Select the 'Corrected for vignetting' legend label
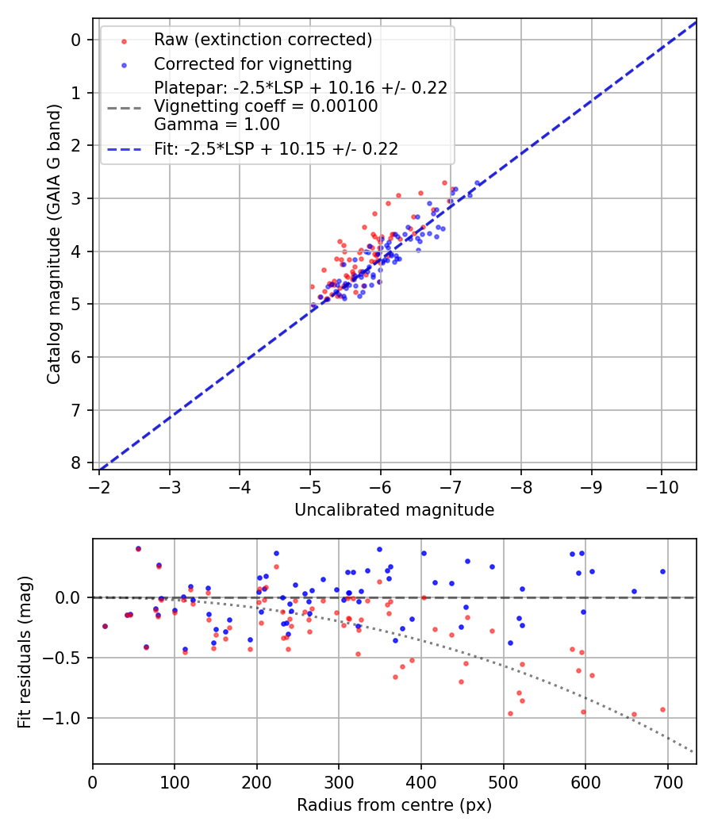[252, 63]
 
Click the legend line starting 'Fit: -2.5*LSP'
[275, 148]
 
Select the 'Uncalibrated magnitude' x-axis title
[394, 510]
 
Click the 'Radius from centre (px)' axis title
[394, 805]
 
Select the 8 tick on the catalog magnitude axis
[76, 463]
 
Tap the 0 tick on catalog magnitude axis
[76, 40]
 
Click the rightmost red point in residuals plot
[662, 709]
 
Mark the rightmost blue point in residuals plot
[662, 571]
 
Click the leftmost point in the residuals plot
[105, 626]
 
